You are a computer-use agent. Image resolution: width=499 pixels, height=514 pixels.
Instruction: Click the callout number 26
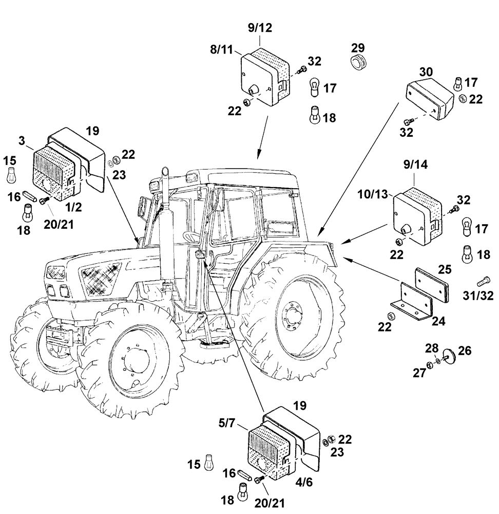click(x=464, y=351)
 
